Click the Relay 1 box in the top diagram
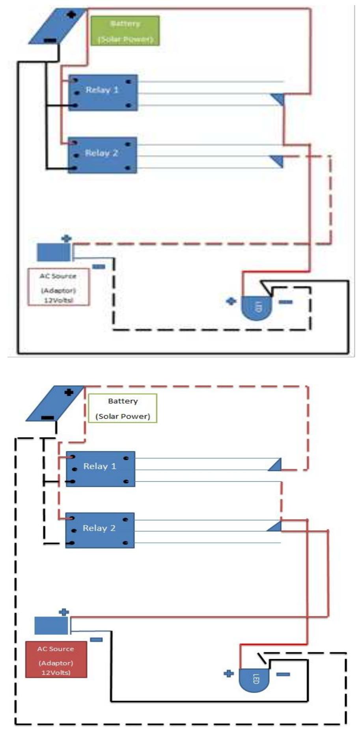click(103, 93)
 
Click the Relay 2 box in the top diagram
click(102, 155)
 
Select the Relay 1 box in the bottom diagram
click(100, 469)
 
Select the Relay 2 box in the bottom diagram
click(100, 531)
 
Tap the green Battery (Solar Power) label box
click(125, 31)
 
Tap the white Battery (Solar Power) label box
click(123, 408)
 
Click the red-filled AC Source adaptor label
click(56, 659)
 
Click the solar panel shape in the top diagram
click(58, 26)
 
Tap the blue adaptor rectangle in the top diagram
click(54, 252)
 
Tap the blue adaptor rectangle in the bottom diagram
click(51, 626)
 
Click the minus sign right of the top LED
click(286, 302)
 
